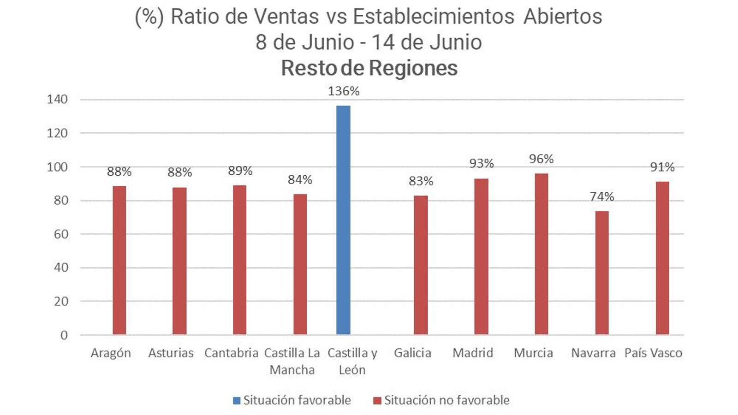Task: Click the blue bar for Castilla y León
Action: tap(343, 220)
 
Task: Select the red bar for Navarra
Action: tap(602, 273)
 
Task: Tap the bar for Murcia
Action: tap(542, 254)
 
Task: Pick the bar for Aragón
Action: tap(119, 260)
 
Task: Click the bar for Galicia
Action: tap(421, 265)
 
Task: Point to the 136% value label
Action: tap(344, 91)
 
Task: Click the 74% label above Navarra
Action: tap(602, 196)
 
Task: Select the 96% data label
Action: tap(542, 159)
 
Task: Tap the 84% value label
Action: tap(300, 179)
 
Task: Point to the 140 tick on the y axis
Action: tap(57, 99)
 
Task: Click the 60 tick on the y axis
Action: tap(61, 234)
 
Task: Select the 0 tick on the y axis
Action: tap(64, 335)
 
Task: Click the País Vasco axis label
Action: tap(653, 353)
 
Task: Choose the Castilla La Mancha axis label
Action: tap(292, 361)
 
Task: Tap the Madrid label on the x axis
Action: tap(473, 353)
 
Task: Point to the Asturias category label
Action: tap(171, 353)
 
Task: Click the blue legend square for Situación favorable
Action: tap(237, 401)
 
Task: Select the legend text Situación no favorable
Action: tap(446, 400)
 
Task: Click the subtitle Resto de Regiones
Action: tap(369, 68)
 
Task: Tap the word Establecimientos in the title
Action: tap(433, 17)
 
